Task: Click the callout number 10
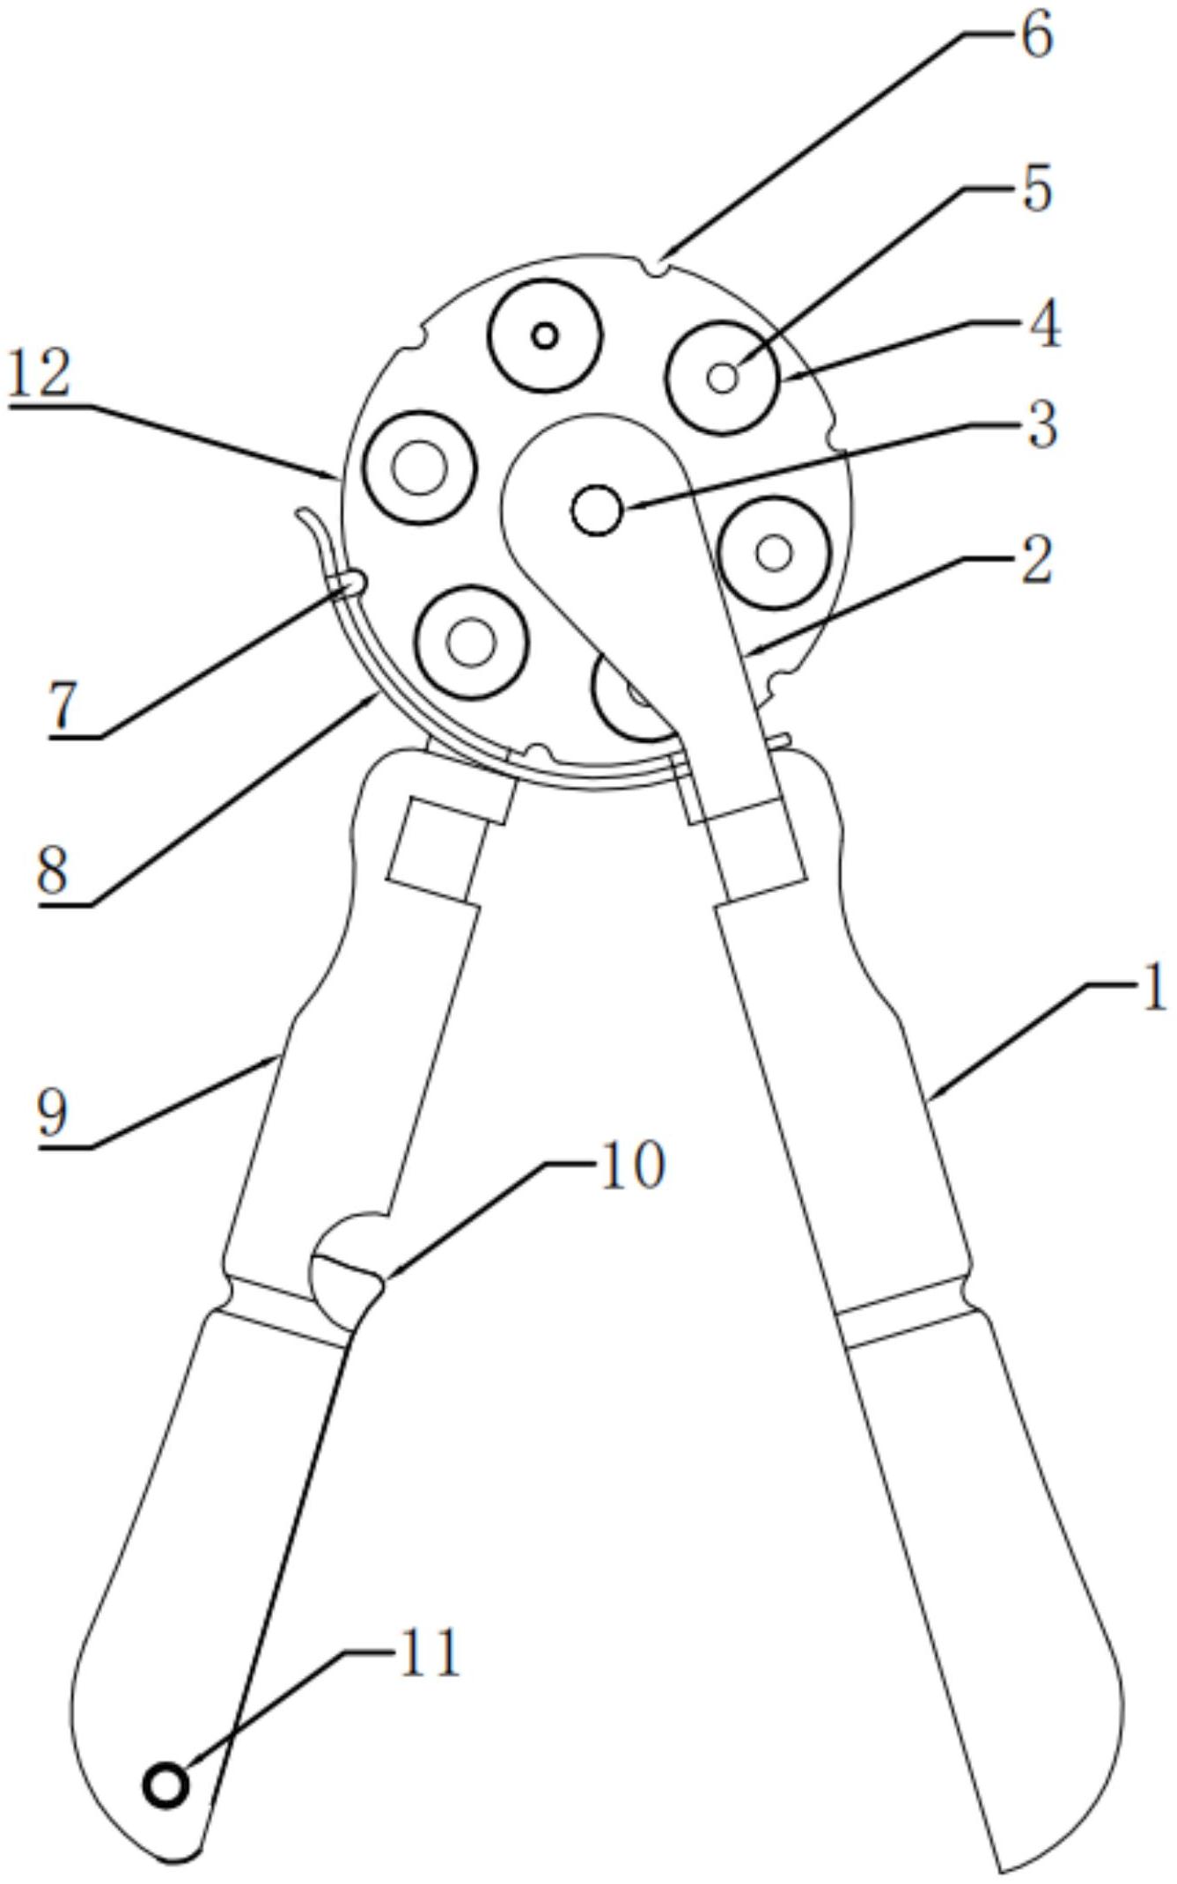click(x=631, y=1166)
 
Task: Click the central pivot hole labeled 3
click(x=597, y=510)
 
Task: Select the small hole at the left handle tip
click(x=166, y=1786)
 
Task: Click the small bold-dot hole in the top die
click(x=546, y=335)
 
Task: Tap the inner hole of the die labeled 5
click(x=723, y=379)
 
